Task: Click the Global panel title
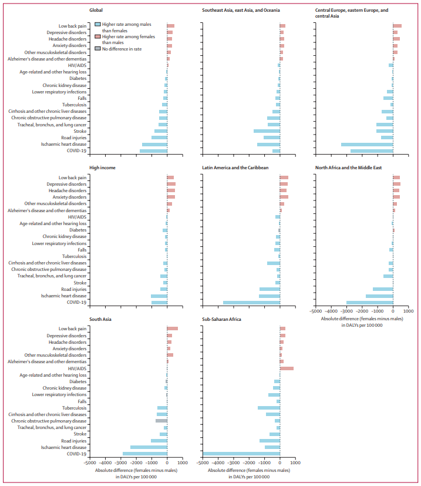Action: point(97,11)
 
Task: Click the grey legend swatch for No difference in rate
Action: point(97,49)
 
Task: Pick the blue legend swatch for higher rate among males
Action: point(97,24)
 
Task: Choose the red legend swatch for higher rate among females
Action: point(97,36)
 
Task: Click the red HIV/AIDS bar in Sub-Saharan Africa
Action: point(287,368)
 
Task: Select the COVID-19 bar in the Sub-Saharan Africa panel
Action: point(241,454)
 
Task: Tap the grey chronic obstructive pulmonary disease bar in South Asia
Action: point(161,421)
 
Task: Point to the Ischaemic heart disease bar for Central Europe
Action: point(367,144)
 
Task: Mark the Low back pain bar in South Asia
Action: point(173,329)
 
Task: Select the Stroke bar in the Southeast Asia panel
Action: point(267,131)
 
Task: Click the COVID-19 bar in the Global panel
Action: point(153,151)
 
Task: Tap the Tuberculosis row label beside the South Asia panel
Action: point(75,408)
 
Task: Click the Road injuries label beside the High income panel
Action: point(74,289)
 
